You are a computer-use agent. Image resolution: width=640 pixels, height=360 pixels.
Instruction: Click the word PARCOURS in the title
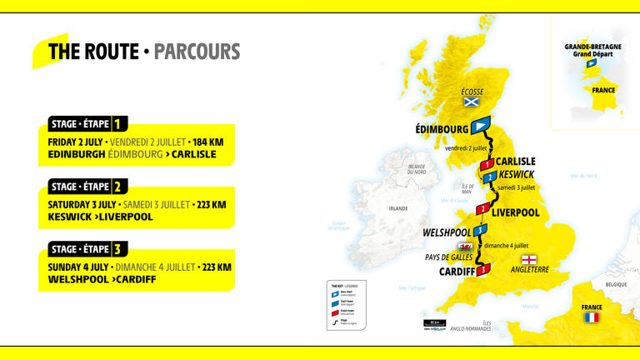point(197,52)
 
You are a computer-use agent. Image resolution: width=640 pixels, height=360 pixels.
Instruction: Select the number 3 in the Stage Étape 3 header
point(119,248)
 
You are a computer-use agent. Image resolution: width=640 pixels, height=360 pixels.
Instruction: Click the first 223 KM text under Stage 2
point(207,204)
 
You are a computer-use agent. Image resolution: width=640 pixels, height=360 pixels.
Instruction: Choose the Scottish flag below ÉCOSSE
point(472,102)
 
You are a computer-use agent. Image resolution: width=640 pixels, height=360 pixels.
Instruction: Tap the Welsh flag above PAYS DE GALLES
point(465,247)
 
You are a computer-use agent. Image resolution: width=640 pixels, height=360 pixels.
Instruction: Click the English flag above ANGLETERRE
point(529,259)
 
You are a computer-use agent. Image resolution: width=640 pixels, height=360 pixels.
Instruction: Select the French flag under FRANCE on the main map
point(592,317)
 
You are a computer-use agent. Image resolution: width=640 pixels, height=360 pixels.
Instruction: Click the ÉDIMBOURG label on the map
point(442,129)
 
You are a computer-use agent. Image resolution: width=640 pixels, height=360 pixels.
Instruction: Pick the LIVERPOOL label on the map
point(516,212)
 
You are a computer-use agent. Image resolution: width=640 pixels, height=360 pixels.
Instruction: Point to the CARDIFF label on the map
point(457,271)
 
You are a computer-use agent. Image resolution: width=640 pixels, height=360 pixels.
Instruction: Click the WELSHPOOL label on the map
point(447,232)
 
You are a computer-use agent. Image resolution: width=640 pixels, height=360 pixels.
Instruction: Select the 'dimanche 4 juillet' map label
point(507,246)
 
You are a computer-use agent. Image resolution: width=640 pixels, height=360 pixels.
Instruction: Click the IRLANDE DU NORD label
point(417,169)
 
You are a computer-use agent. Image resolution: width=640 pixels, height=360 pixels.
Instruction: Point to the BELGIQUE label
point(616,284)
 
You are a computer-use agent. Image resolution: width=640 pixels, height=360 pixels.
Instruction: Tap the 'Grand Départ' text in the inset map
point(592,54)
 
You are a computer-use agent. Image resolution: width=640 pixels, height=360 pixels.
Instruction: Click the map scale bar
point(434,322)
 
